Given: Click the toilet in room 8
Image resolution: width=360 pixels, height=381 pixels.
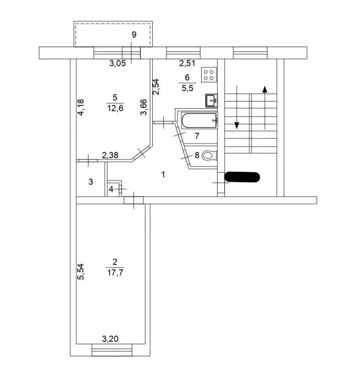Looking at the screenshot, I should pos(208,155).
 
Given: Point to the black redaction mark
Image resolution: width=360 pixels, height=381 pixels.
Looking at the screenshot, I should pos(243,177).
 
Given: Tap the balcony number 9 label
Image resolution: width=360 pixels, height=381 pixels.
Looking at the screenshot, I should pos(134,34).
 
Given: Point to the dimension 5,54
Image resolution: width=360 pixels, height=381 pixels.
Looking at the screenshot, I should pos(81,271).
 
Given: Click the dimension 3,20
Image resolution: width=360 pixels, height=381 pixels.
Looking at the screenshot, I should pos(110,338).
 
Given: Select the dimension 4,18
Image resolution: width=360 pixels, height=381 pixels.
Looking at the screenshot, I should pos(80,108).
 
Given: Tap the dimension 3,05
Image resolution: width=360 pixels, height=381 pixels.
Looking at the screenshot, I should pos(119,63).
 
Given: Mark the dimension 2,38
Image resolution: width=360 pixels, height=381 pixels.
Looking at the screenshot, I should pos(110,155).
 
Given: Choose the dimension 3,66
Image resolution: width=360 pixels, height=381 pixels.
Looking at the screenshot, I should pos(143,108).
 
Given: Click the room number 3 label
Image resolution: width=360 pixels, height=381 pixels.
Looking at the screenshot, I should pos(90,182).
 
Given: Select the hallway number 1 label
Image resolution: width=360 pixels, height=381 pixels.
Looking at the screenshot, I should pos(163,175).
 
